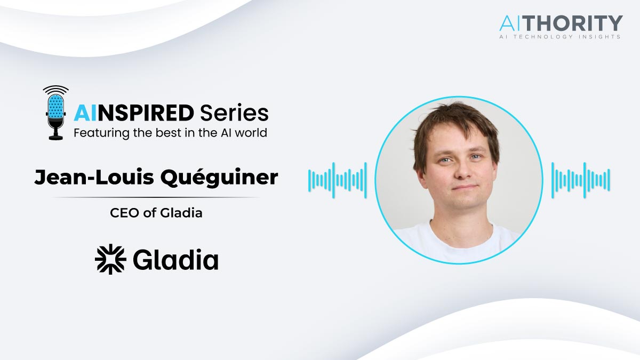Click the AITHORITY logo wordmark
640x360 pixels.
pos(561,23)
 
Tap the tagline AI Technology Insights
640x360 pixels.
pos(560,37)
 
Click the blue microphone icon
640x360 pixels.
pos(55,113)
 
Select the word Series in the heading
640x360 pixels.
pos(234,113)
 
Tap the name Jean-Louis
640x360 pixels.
pos(94,177)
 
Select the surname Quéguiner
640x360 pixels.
pos(219,178)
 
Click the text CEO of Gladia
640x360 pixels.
pos(156,213)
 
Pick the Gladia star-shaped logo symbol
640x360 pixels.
pos(110,259)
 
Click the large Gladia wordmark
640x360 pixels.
pos(175,259)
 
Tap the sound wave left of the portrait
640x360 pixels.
pos(338,180)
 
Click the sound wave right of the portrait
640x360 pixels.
pos(581,180)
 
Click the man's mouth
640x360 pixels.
pos(465,188)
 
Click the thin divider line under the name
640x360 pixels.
pos(156,197)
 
